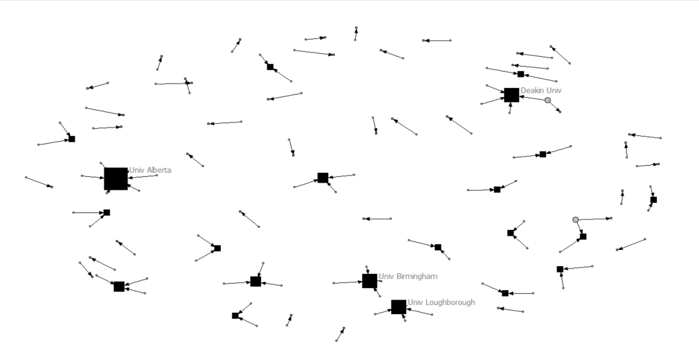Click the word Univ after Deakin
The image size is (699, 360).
(x=554, y=90)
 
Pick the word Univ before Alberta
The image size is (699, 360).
(x=135, y=170)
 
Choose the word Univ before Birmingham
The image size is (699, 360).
(x=385, y=276)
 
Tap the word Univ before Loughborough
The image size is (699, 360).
(x=415, y=302)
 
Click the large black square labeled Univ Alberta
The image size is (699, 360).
(x=116, y=179)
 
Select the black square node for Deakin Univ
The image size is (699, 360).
(x=511, y=95)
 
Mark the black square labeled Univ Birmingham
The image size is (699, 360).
(x=369, y=281)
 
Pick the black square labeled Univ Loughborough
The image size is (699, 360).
(x=398, y=307)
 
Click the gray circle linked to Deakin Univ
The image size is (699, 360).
(x=547, y=100)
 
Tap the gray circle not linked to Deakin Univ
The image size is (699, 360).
(x=575, y=219)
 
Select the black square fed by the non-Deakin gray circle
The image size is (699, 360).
(x=583, y=236)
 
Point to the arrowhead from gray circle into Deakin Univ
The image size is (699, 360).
(x=522, y=96)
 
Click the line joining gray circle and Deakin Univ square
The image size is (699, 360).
(x=534, y=98)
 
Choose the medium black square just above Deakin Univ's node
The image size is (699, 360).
(x=520, y=74)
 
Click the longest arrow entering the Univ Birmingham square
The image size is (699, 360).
(x=347, y=282)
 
